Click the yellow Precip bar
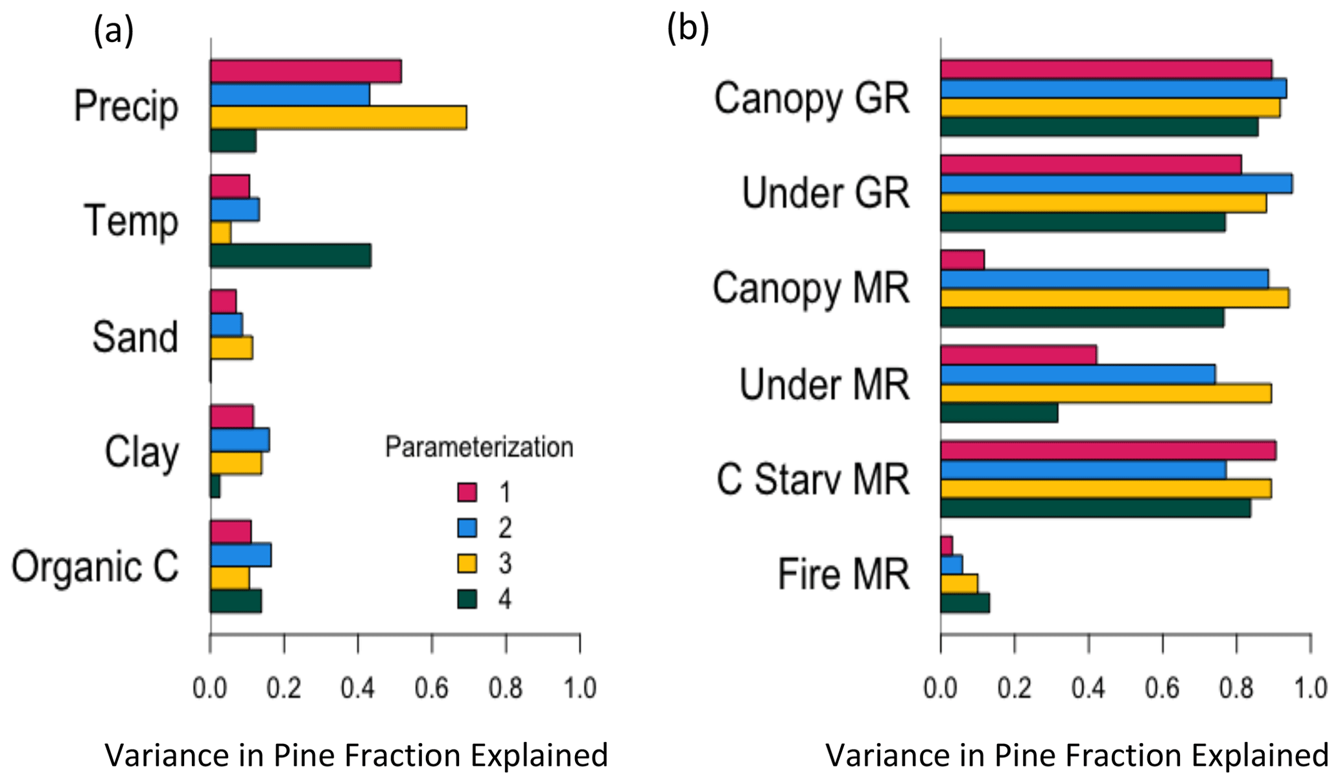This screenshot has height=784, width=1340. (338, 118)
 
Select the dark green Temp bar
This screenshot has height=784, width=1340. (290, 255)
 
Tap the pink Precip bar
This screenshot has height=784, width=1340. (305, 71)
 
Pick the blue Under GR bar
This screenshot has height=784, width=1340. (1116, 184)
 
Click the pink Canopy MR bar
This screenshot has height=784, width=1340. (962, 260)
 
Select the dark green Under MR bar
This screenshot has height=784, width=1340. (999, 413)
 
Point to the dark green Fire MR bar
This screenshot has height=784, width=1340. (965, 603)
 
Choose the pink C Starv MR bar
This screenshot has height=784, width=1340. (1108, 450)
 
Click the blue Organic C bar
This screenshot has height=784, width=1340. (241, 555)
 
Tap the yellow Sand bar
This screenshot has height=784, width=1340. (231, 348)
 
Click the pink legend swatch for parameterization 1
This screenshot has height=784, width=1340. (467, 492)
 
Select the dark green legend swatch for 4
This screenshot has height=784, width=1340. (467, 599)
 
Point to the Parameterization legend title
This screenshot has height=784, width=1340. (479, 447)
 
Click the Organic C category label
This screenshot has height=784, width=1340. (95, 567)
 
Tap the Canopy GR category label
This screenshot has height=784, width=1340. (812, 98)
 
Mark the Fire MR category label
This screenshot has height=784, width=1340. (843, 574)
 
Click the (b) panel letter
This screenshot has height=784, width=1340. (688, 29)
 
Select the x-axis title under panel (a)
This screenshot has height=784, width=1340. (357, 755)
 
